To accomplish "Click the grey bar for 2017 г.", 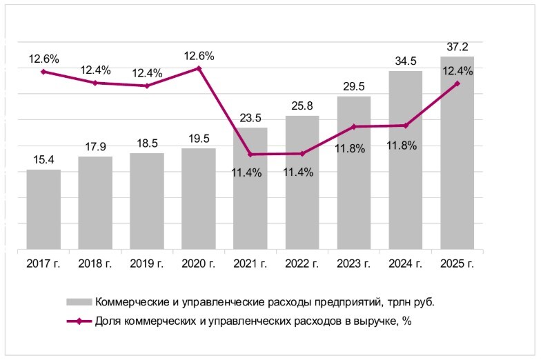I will [43, 209].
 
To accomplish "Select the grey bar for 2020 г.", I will [199, 199].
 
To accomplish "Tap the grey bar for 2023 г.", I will [354, 172].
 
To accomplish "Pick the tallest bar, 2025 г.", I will [457, 152].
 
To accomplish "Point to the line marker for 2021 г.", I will [250, 154].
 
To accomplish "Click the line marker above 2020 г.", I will [199, 68].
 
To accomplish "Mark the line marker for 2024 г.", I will [406, 126].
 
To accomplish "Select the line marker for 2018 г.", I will [95, 83].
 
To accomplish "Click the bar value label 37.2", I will [457, 47].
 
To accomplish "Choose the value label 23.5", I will [250, 118].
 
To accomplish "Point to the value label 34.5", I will [406, 61].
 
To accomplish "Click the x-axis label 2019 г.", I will [147, 263].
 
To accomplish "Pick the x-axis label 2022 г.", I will [302, 263].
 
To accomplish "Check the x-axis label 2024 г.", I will [406, 263].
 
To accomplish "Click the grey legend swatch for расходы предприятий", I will [79, 301].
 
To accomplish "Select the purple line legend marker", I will [79, 321].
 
